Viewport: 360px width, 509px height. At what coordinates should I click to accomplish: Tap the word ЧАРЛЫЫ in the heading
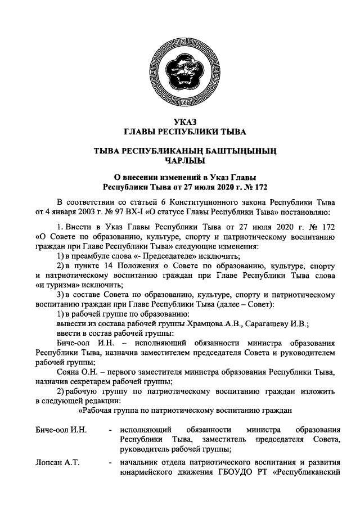180,161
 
